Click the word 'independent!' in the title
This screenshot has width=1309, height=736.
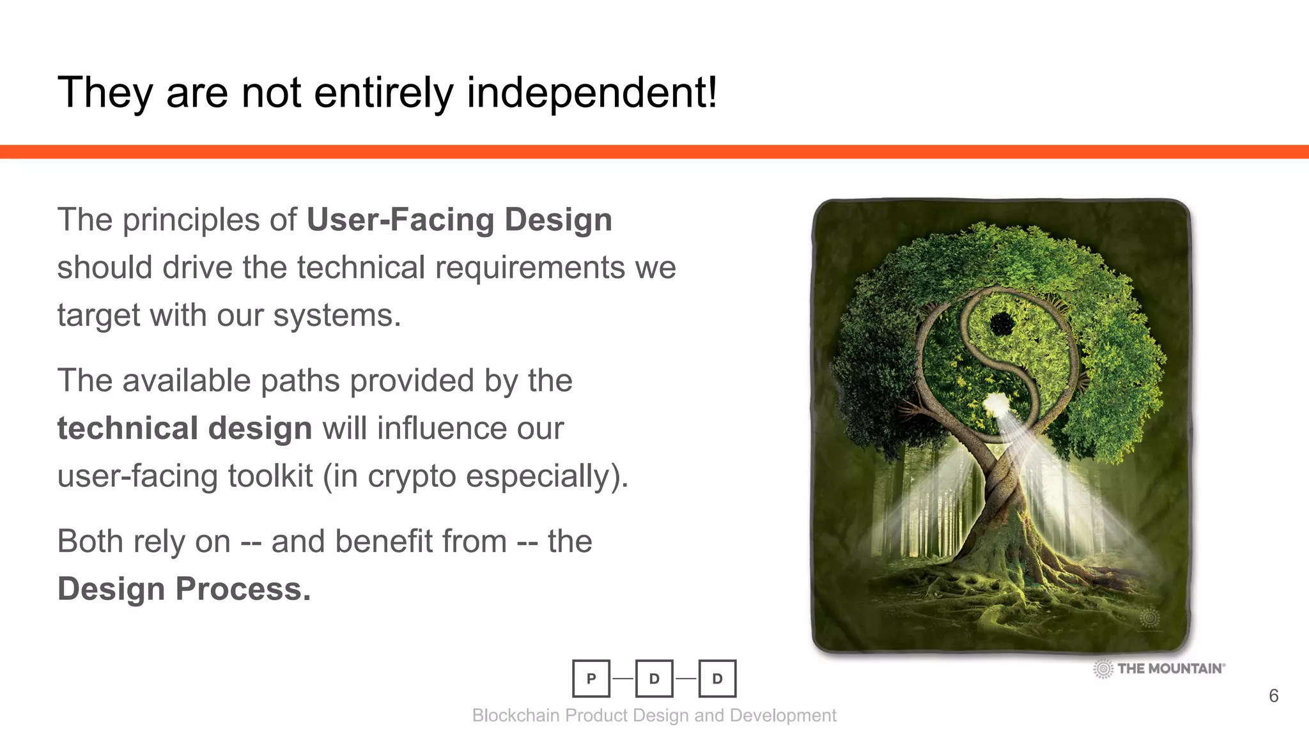pos(592,93)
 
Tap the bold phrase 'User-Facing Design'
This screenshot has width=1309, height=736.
pos(460,220)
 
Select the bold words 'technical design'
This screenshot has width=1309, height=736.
pos(185,428)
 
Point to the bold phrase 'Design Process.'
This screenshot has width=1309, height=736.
pos(184,588)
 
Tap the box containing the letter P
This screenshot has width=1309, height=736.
pos(591,678)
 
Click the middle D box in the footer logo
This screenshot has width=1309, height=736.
pos(654,678)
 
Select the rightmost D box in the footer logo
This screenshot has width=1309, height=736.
pos(717,678)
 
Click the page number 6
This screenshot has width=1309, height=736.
pos(1273,696)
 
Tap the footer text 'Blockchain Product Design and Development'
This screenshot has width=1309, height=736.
pos(654,716)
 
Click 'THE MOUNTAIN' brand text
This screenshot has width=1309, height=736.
pos(1171,668)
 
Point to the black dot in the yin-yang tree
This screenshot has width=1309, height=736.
pos(1001,324)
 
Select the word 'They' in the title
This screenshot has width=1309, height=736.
pos(105,93)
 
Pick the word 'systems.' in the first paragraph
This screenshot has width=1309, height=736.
pos(337,316)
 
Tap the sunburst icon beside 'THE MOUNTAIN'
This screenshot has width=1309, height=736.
pos(1103,669)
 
